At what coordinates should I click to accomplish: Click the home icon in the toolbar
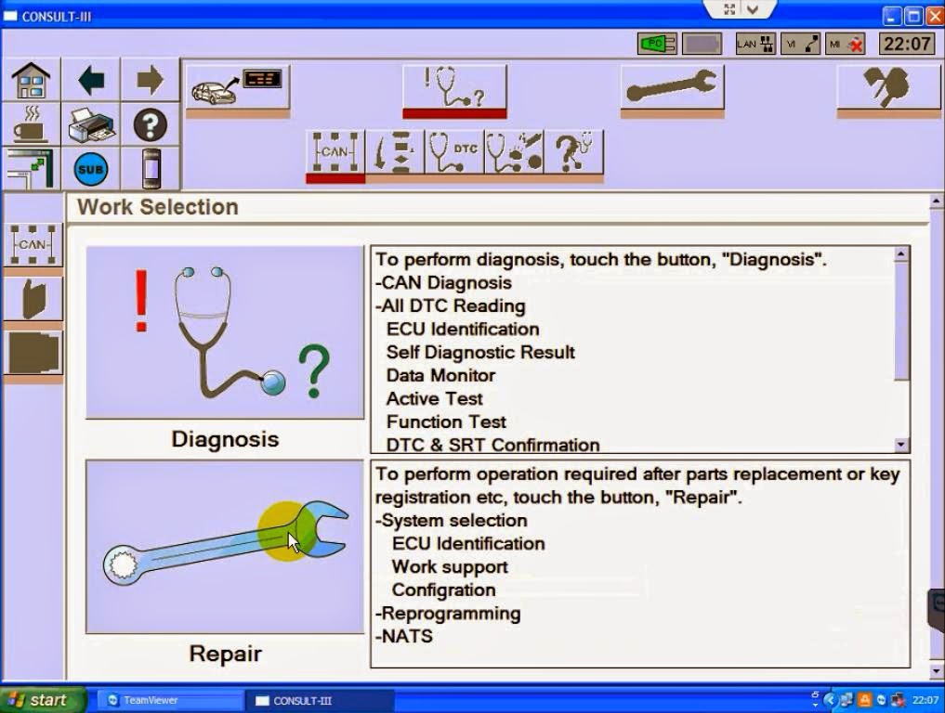pos(31,81)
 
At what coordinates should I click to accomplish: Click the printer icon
pos(91,124)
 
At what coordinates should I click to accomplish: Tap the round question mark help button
pos(150,124)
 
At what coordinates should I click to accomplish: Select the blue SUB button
pos(91,169)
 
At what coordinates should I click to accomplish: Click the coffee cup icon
pos(31,124)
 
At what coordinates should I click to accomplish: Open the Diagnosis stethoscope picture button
pos(225,332)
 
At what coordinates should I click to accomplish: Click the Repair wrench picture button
pos(225,547)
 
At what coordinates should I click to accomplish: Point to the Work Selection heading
pos(158,207)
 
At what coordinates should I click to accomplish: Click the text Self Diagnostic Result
pos(480,353)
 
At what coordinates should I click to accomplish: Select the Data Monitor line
pos(440,376)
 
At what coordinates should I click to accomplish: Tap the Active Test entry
pos(434,399)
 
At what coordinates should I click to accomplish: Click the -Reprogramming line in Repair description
pos(448,614)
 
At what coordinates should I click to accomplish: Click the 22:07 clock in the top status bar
pos(906,44)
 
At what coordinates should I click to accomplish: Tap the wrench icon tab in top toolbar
pos(671,87)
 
